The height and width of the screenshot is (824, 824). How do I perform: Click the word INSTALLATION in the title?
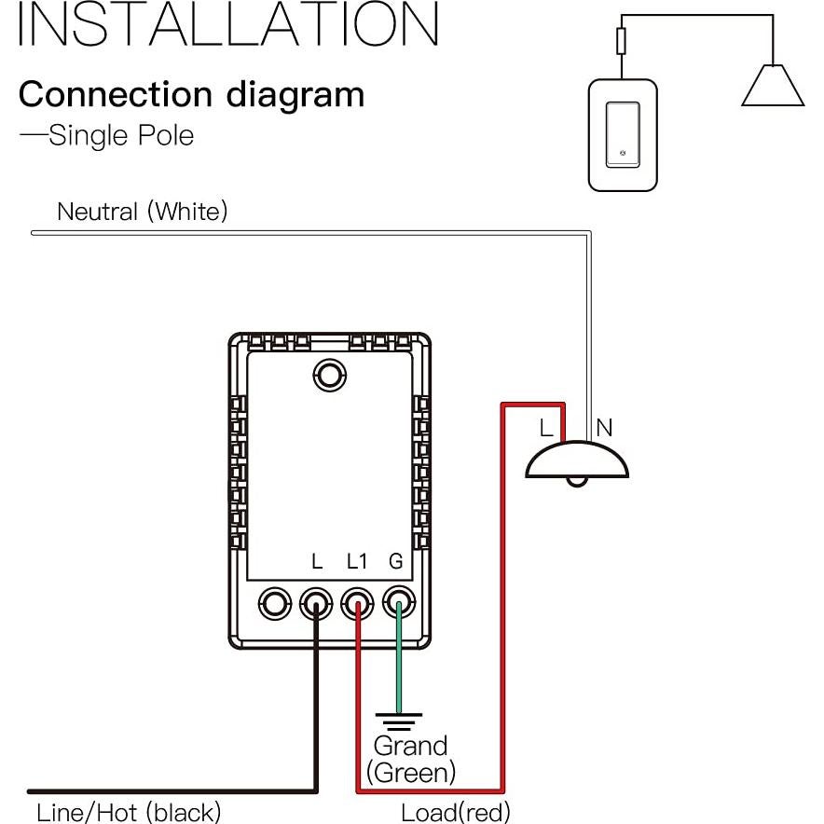pyautogui.click(x=228, y=25)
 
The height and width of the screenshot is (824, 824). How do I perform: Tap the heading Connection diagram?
pyautogui.click(x=191, y=94)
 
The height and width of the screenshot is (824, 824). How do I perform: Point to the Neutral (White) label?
pyautogui.click(x=142, y=212)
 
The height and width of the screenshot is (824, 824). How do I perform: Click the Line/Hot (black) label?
pyautogui.click(x=129, y=812)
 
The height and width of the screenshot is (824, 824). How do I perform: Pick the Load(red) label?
pyautogui.click(x=456, y=812)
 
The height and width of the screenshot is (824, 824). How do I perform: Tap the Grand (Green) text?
pyautogui.click(x=411, y=758)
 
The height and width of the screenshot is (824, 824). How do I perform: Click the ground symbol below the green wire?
pyautogui.click(x=398, y=721)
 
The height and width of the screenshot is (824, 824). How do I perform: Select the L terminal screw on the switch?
pyautogui.click(x=317, y=603)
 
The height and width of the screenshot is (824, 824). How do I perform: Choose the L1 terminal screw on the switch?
pyautogui.click(x=358, y=603)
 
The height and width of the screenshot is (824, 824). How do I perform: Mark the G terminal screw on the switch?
pyautogui.click(x=398, y=603)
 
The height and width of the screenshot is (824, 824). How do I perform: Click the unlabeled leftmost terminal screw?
pyautogui.click(x=275, y=603)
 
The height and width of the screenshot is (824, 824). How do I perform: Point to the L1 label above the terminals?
pyautogui.click(x=357, y=562)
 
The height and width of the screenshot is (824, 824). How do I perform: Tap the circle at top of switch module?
pyautogui.click(x=328, y=375)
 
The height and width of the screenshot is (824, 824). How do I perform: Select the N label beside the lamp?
pyautogui.click(x=604, y=428)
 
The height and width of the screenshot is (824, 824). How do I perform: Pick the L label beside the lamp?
pyautogui.click(x=547, y=428)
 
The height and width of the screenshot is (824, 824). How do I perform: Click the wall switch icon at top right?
pyautogui.click(x=623, y=135)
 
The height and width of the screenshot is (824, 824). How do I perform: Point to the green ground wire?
pyautogui.click(x=398, y=662)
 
